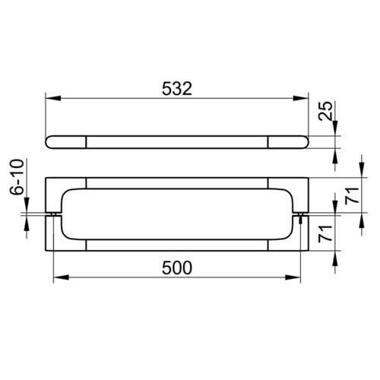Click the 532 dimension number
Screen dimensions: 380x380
[177, 89]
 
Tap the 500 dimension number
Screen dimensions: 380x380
[177, 268]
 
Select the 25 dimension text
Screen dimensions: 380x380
[326, 111]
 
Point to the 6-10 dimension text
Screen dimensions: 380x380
[17, 176]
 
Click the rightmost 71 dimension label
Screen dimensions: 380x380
[353, 195]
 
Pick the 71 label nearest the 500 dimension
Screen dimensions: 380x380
[325, 233]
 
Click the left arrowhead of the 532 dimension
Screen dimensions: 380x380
[53, 98]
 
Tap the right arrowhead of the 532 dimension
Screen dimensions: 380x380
[301, 98]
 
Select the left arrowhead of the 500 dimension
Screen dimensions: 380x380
[62, 277]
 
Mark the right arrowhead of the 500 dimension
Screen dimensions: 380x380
[293, 277]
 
